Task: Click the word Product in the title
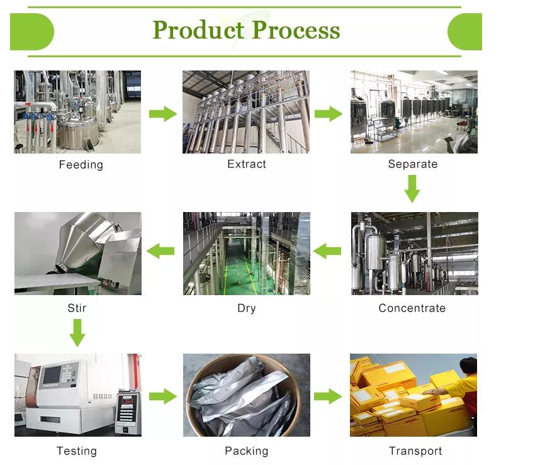(198, 30)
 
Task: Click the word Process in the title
(296, 30)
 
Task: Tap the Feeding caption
(81, 165)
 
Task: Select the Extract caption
(247, 164)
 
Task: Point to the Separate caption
(412, 164)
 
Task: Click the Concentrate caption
(412, 308)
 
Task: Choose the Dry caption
(247, 308)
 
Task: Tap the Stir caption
(77, 308)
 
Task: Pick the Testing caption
(77, 451)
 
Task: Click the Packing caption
(247, 451)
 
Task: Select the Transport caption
(415, 451)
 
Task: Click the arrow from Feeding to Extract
(162, 114)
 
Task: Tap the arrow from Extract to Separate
(328, 114)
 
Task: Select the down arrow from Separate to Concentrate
(412, 189)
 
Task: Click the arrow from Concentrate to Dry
(327, 252)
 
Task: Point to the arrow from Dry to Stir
(161, 252)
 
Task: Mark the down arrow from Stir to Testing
(77, 333)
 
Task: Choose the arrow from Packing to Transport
(327, 396)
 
